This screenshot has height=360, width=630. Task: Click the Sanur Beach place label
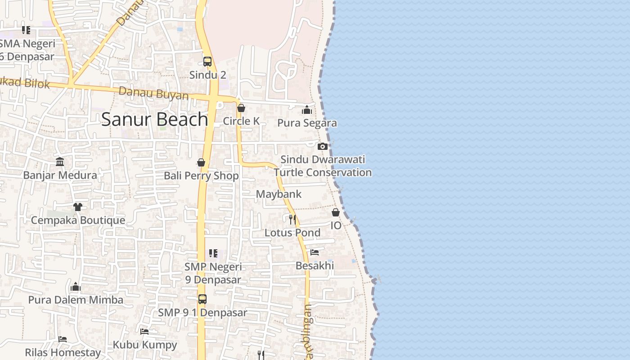click(154, 120)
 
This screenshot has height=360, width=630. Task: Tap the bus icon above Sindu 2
click(207, 62)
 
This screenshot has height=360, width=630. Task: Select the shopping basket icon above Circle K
click(241, 108)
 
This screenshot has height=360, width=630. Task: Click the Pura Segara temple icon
click(307, 110)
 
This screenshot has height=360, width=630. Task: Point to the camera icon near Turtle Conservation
click(322, 146)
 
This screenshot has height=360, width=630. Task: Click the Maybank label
click(279, 194)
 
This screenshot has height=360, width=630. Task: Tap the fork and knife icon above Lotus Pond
click(292, 219)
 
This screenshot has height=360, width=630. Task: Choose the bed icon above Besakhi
click(315, 252)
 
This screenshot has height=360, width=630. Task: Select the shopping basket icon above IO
click(336, 212)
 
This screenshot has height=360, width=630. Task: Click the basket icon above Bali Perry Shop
click(201, 162)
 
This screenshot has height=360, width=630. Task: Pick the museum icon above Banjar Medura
click(60, 162)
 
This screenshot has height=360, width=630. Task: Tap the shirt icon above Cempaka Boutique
click(78, 207)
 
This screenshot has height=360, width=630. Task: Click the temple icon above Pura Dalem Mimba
click(76, 287)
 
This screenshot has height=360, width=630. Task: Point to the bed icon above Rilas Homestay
click(63, 339)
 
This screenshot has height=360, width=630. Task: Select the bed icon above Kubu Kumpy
click(144, 332)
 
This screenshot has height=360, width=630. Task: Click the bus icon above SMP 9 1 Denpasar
click(202, 299)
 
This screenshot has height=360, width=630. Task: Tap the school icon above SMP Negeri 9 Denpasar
click(213, 254)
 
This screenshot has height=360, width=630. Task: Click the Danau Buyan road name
click(153, 94)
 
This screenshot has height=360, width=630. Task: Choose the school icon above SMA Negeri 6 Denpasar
click(26, 30)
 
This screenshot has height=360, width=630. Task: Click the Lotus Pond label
click(292, 233)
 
